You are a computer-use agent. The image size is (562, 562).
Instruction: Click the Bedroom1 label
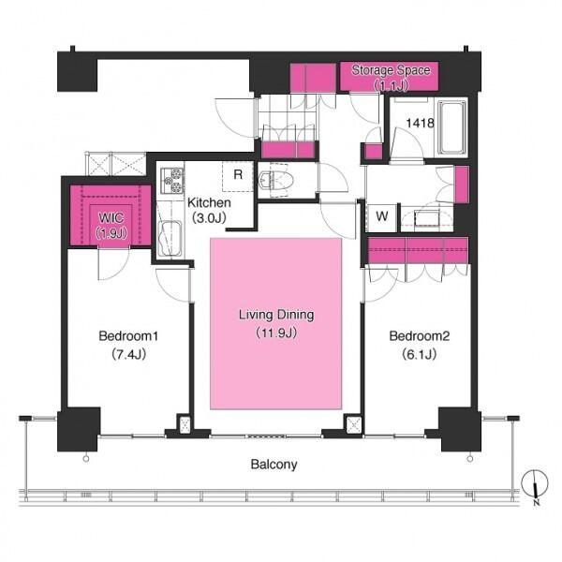pos(128,336)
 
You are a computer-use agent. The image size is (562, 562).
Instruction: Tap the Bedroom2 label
pos(419,336)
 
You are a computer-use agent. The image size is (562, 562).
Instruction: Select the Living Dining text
pos(276,315)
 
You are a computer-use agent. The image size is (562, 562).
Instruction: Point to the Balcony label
pos(274,465)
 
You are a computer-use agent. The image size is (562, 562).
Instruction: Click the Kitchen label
pos(209,202)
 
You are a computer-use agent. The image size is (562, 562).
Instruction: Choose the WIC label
pos(111,217)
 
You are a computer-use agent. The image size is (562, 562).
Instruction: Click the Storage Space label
pos(391,70)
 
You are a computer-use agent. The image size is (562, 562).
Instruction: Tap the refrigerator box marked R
pos(238,176)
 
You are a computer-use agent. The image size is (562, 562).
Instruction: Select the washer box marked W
pos(382,216)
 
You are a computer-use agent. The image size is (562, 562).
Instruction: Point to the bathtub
pos(451,128)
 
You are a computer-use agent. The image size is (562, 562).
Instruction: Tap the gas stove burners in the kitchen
pos(172,180)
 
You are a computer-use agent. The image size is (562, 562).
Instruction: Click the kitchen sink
pos(170,239)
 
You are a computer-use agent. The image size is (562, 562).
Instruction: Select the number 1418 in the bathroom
pos(420,123)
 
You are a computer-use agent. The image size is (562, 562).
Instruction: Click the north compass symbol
pos(535,484)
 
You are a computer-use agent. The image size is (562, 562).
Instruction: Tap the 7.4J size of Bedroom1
pos(128,354)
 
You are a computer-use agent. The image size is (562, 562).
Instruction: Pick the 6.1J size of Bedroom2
pos(419,354)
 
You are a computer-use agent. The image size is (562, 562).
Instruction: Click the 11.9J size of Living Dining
pos(276,333)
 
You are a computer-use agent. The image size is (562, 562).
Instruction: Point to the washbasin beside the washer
pos(426,218)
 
